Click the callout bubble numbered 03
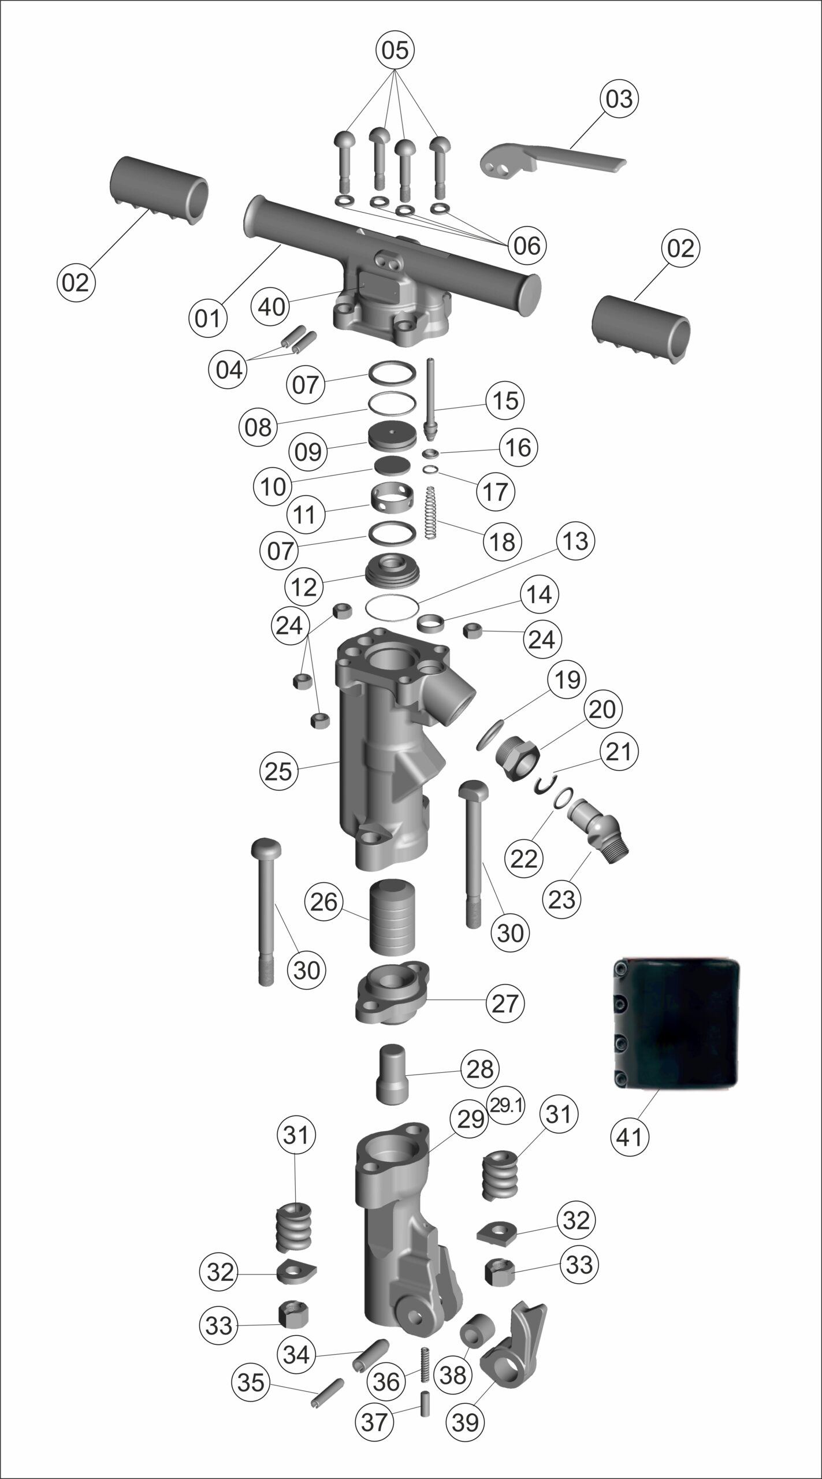(619, 99)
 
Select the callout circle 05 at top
(396, 50)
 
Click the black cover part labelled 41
(675, 1023)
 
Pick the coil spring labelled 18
(430, 512)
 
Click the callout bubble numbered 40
(271, 306)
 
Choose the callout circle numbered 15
(506, 401)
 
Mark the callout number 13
(575, 541)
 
